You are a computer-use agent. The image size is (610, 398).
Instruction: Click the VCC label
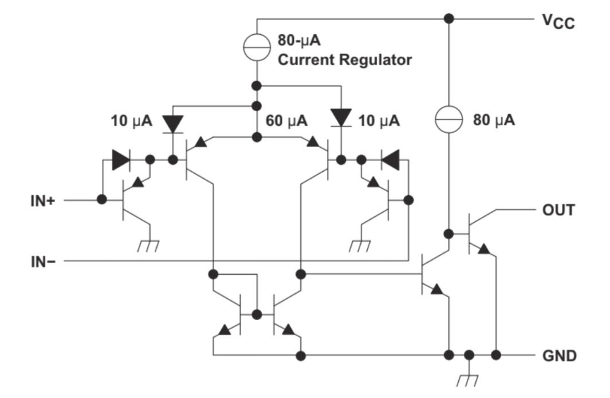point(558,22)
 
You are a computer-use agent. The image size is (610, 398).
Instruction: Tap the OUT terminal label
point(558,210)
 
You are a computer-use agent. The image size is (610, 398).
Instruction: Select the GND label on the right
point(560,356)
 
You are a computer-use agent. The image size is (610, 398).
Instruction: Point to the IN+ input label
point(43,201)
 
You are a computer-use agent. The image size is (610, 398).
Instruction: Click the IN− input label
point(43,262)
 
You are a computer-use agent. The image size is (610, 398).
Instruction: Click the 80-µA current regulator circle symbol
point(257,48)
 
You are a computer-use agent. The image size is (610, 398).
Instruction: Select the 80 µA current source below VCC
point(448,119)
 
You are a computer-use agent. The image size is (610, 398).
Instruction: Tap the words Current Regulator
point(345,60)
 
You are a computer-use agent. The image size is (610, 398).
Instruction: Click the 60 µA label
point(286,121)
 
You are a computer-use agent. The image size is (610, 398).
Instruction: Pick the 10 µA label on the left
point(132,121)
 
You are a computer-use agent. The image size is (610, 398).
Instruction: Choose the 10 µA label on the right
point(379,121)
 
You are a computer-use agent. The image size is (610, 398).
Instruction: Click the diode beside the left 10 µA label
point(173,124)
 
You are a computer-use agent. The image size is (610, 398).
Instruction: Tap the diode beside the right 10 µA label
point(341,118)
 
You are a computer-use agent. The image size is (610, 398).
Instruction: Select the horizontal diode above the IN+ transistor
point(121,160)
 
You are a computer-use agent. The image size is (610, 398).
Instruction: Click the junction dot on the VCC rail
point(448,18)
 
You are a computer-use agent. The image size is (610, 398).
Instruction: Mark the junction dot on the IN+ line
point(102,200)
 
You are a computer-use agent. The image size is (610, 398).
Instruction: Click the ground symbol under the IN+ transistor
point(148,246)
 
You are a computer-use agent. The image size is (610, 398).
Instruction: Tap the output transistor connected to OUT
point(478,234)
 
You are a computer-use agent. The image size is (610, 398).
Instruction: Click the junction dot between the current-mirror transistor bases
point(257,314)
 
